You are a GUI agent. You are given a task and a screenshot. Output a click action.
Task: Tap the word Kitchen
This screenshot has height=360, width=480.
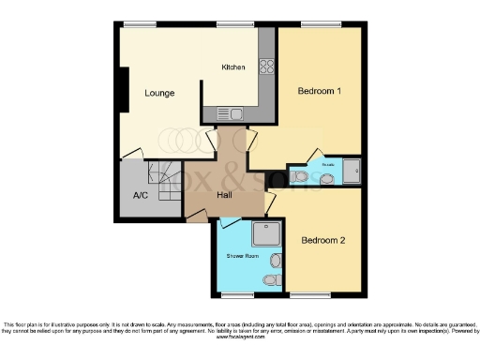coord(232,67)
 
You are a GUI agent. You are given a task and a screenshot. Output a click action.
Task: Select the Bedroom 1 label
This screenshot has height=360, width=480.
coord(320,91)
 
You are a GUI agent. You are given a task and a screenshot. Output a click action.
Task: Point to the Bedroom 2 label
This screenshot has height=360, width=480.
coord(323,240)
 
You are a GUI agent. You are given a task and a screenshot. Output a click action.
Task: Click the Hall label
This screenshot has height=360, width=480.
coord(225,194)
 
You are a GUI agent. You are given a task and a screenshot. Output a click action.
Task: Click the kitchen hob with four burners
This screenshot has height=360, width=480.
coord(265,67)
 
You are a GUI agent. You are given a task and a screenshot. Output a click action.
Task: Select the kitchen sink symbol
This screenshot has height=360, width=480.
coord(232,113)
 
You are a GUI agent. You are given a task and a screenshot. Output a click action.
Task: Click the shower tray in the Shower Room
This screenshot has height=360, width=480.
coord(266,234)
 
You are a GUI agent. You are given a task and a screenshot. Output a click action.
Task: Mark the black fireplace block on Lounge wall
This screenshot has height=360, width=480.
coord(121,89)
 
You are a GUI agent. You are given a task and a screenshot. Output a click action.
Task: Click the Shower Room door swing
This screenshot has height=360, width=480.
coord(228,227)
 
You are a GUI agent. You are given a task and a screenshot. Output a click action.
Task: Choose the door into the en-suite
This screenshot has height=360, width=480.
coord(317,157)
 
